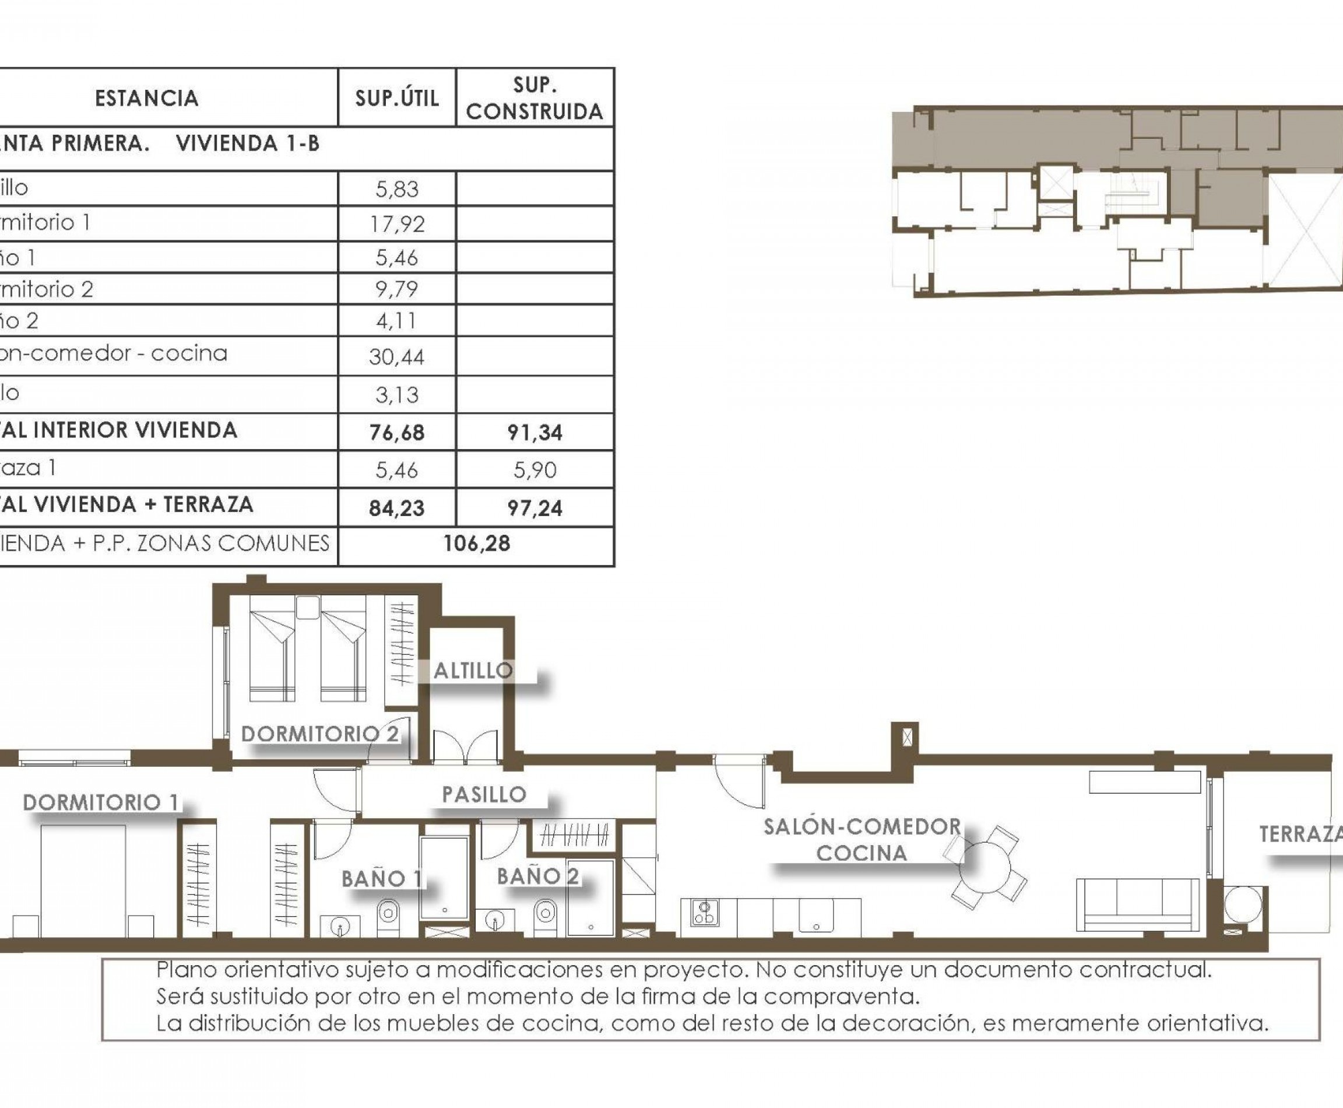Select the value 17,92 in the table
[x=397, y=223]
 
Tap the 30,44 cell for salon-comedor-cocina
[x=397, y=356]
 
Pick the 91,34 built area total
[x=535, y=432]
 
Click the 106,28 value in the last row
[x=476, y=543]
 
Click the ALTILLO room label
[x=473, y=670]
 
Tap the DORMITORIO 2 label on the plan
[x=319, y=734]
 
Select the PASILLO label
[x=484, y=794]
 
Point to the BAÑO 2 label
[x=537, y=876]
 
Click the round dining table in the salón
[x=986, y=867]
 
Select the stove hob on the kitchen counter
[x=705, y=913]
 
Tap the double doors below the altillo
[x=466, y=747]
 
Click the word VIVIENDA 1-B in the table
[x=248, y=143]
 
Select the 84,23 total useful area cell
[x=397, y=507]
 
